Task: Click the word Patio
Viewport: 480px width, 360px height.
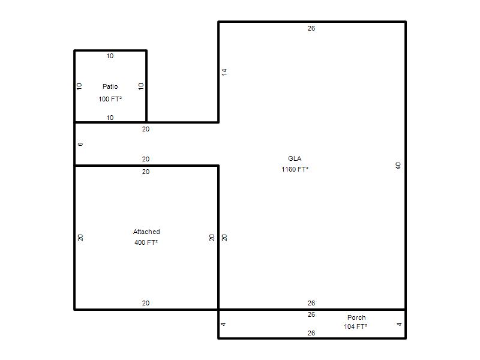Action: click(110, 86)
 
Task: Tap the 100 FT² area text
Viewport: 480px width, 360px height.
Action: click(110, 99)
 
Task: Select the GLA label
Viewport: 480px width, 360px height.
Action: click(295, 158)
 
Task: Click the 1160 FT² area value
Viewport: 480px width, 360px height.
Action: click(295, 169)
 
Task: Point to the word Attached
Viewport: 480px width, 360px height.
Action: click(146, 232)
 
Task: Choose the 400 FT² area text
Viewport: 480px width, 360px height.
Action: click(146, 242)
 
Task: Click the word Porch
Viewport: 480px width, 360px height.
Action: click(356, 317)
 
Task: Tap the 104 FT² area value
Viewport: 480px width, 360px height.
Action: click(355, 326)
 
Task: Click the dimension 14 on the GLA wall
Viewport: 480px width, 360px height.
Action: click(224, 72)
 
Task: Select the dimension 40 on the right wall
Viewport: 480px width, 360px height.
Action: click(398, 166)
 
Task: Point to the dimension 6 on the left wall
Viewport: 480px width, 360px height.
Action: click(80, 144)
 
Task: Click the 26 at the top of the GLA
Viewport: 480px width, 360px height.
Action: click(311, 28)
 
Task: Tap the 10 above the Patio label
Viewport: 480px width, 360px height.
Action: click(110, 56)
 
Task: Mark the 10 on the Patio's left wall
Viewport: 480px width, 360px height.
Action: click(79, 86)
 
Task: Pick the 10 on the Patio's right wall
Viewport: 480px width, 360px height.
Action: click(141, 86)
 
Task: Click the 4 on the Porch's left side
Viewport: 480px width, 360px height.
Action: click(223, 324)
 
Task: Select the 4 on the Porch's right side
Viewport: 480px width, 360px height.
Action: click(399, 324)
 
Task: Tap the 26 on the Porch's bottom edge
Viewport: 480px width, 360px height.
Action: click(311, 333)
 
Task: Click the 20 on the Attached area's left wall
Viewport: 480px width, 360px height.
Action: click(80, 238)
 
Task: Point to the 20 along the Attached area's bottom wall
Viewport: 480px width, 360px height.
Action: click(146, 303)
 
